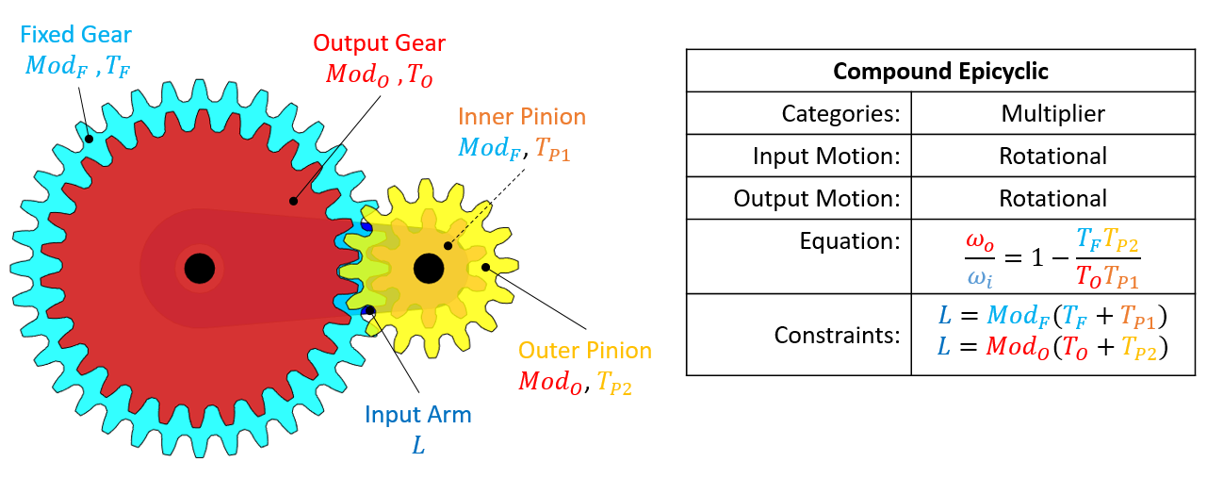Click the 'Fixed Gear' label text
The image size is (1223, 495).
75,36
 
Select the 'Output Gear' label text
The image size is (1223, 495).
380,43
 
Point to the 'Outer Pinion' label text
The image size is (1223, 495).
586,351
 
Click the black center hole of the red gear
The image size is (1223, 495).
199,269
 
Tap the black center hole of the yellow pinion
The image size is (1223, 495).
429,268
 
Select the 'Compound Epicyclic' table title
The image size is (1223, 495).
940,72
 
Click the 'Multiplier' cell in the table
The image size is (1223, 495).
1052,114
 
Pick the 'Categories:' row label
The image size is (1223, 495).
840,114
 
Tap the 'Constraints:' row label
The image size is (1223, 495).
837,335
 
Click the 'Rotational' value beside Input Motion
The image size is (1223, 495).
1052,157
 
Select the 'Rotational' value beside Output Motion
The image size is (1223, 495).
1052,198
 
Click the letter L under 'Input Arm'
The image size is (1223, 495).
419,444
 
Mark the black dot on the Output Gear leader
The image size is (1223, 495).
294,201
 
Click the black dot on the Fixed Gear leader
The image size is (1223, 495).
90,139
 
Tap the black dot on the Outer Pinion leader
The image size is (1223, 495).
486,268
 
